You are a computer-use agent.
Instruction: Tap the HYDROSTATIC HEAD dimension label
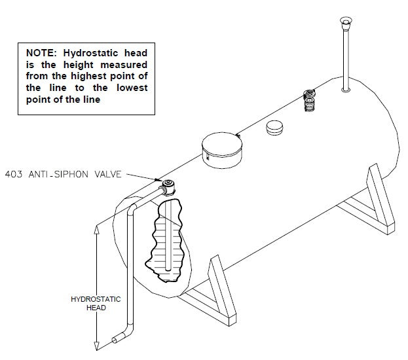[96, 304]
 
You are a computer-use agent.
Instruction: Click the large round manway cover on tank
[220, 149]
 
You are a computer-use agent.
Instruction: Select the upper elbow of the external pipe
[132, 209]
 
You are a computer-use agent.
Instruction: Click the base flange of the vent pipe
[346, 89]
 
